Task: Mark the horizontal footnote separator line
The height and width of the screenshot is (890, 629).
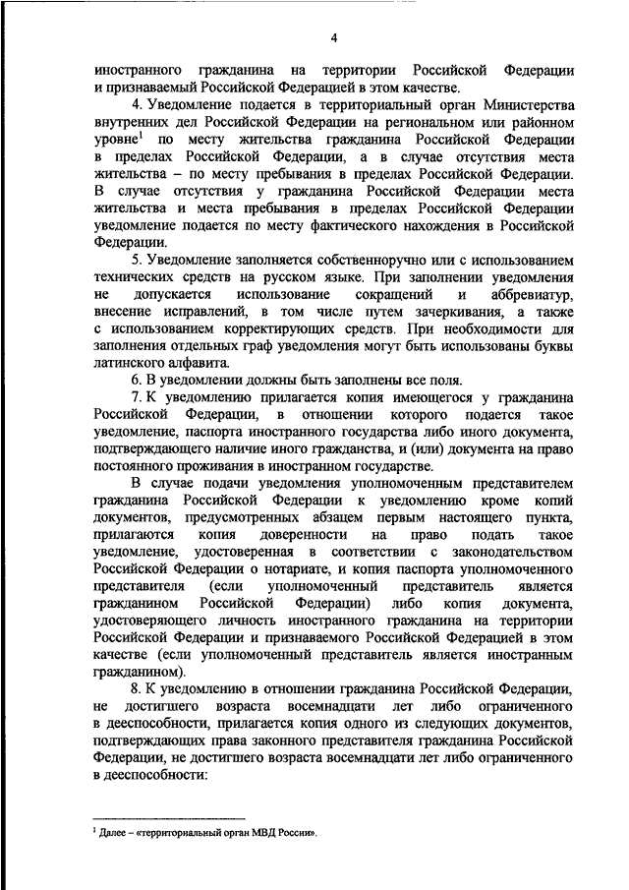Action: [x=169, y=818]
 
